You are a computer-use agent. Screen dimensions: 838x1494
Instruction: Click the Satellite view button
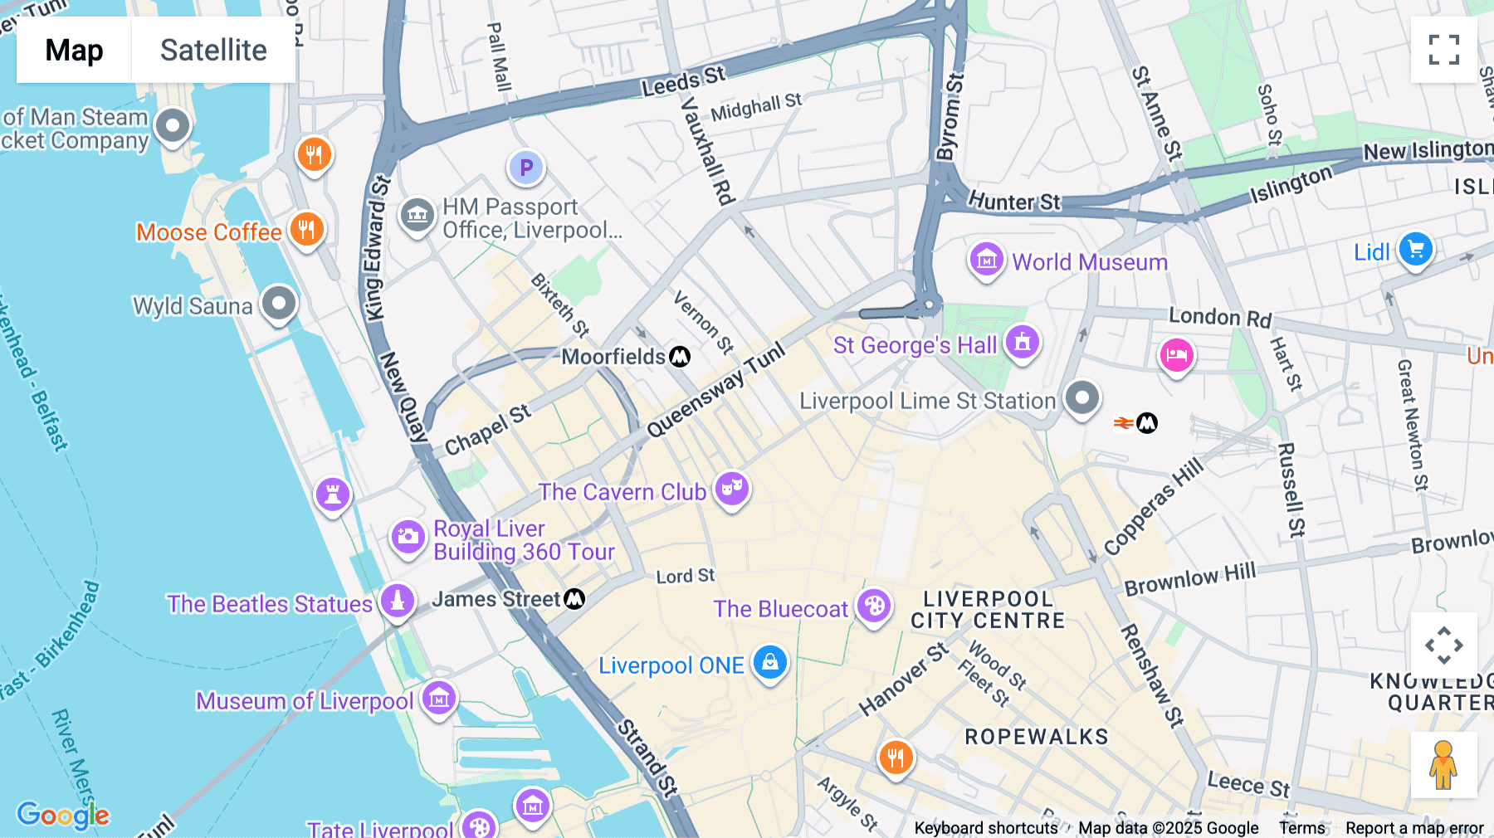[213, 50]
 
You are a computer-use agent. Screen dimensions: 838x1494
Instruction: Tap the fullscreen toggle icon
[1443, 50]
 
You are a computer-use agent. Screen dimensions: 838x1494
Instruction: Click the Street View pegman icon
[1443, 764]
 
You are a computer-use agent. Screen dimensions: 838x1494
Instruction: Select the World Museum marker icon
[986, 261]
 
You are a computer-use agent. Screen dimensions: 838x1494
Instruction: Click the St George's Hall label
[915, 345]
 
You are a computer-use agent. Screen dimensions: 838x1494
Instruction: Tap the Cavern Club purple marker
[731, 489]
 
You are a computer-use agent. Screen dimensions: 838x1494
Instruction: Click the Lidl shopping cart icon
[1416, 250]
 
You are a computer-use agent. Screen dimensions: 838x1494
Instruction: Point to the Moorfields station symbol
[680, 357]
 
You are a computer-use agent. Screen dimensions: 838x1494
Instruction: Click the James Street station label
[496, 599]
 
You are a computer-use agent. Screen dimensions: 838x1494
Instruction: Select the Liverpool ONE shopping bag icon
[770, 663]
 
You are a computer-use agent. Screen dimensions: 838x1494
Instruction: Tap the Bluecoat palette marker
[873, 607]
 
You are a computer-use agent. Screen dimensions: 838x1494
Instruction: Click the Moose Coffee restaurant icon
[306, 230]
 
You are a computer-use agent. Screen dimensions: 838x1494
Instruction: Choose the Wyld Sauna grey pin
[279, 304]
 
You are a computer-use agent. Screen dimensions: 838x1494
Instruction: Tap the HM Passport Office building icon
[417, 216]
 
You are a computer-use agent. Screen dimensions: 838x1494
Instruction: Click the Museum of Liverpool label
[305, 701]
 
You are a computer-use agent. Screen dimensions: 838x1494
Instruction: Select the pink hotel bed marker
[1176, 356]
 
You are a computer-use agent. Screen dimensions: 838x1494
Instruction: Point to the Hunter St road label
[1013, 202]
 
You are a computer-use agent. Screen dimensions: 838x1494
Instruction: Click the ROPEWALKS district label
[1036, 737]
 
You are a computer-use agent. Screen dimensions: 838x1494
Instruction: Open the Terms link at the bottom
[1301, 827]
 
